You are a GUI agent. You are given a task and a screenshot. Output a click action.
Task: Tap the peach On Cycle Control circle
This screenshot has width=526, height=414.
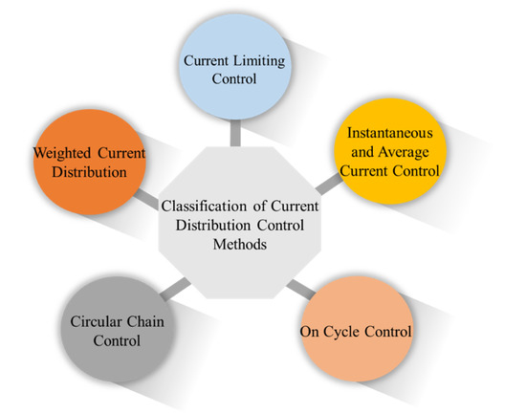point(355,332)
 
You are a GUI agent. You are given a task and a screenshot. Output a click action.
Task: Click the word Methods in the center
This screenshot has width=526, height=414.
point(228,244)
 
